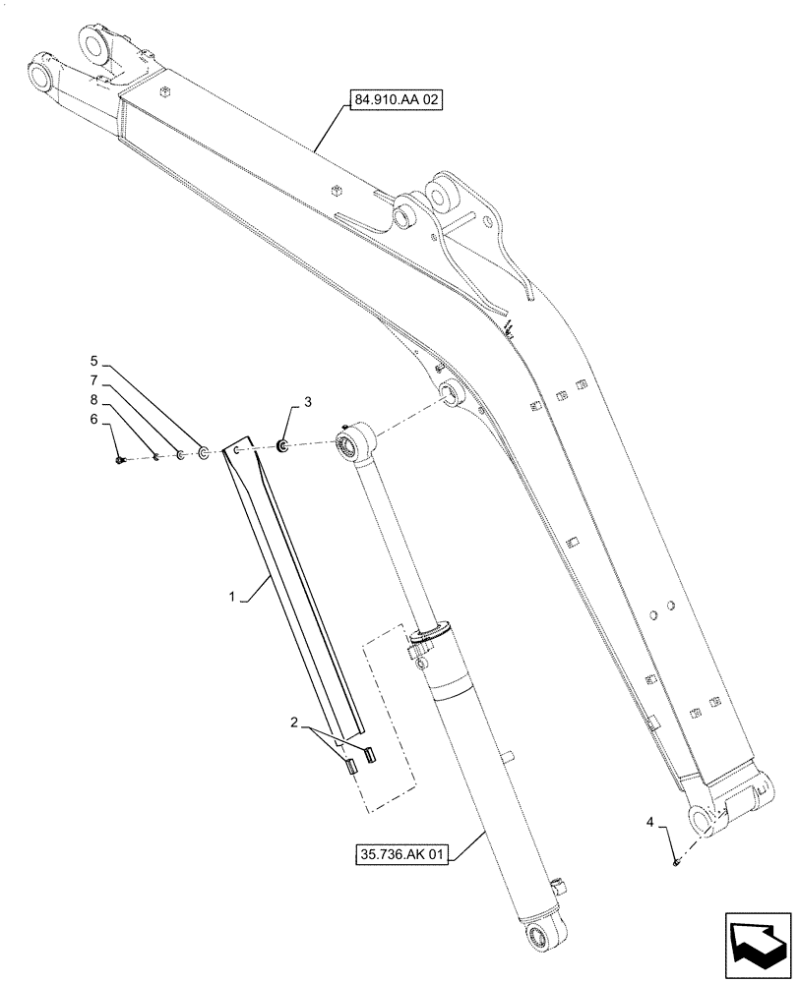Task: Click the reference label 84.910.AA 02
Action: (393, 98)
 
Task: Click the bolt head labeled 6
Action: (119, 458)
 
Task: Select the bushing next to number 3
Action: (282, 448)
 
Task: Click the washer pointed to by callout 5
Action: (202, 453)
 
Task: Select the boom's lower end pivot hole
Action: (700, 818)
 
